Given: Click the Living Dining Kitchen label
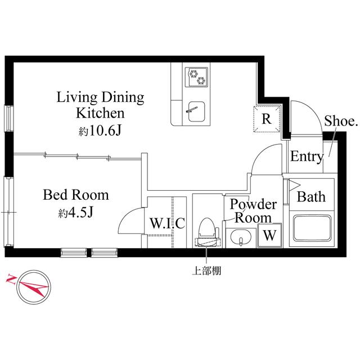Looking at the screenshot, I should (101, 105).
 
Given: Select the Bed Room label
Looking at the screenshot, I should (76, 196).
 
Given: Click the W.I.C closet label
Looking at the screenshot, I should (166, 223).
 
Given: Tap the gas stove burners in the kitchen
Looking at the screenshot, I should (197, 76).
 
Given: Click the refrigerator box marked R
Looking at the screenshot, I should (267, 119).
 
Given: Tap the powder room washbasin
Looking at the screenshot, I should (241, 238).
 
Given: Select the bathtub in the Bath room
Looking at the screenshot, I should (311, 229).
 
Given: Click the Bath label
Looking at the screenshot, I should (311, 197).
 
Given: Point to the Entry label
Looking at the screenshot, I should (307, 157).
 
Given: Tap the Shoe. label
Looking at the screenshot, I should (341, 121).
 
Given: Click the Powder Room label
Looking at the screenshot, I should (253, 210).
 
